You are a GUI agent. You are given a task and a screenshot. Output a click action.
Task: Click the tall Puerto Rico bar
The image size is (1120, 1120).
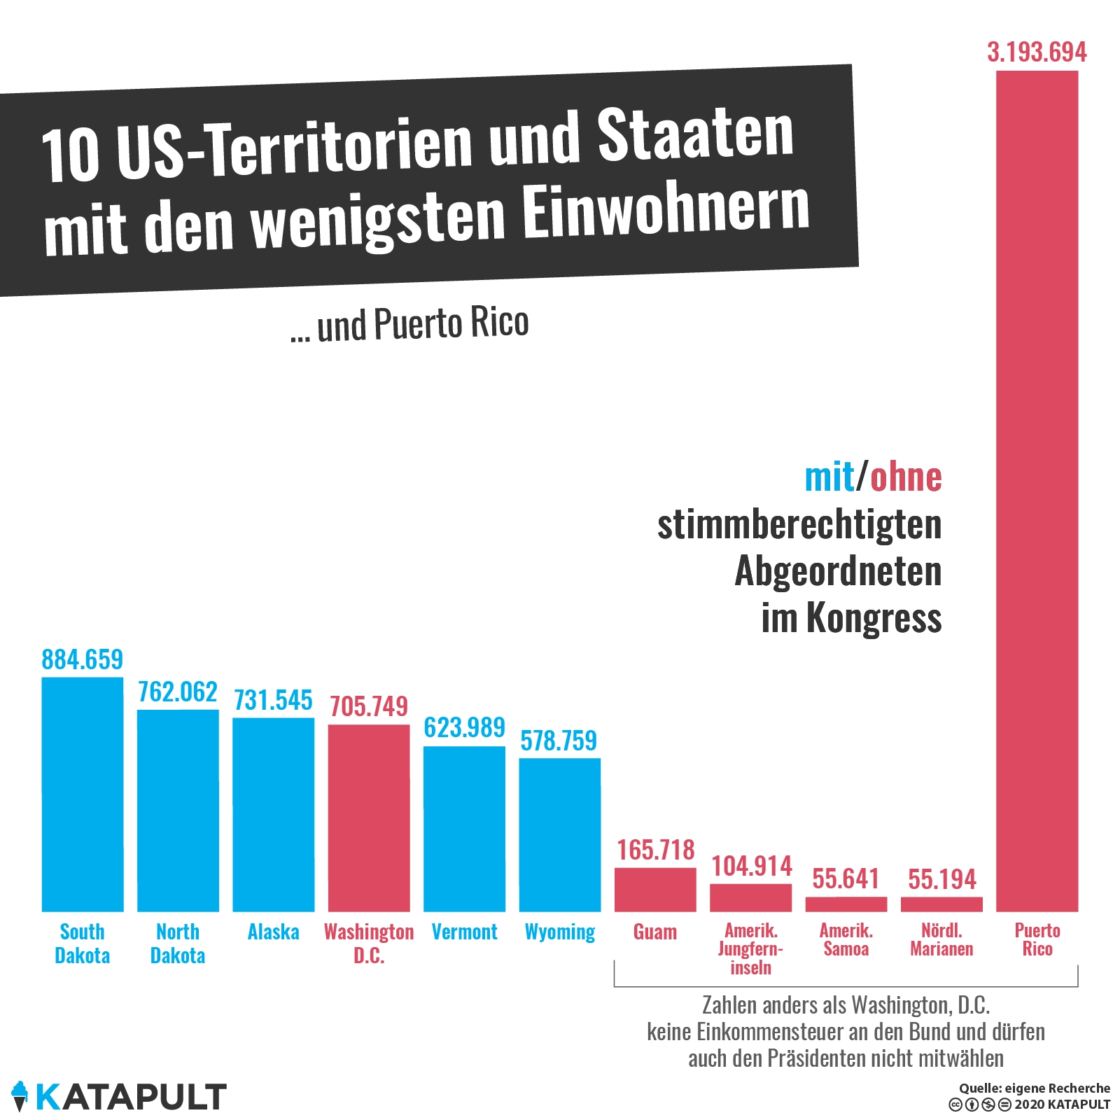(x=1037, y=490)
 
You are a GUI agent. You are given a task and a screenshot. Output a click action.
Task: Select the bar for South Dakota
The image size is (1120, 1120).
(x=83, y=794)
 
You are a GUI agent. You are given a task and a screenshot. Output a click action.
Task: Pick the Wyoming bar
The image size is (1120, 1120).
(x=560, y=834)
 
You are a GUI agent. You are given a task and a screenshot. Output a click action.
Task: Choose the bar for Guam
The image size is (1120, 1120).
(x=655, y=890)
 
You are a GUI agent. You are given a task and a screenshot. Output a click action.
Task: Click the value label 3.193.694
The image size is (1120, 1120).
(x=1037, y=52)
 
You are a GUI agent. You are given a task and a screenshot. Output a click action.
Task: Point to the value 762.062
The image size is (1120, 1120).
(x=178, y=692)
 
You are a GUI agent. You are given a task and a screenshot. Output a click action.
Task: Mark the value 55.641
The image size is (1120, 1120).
(x=846, y=878)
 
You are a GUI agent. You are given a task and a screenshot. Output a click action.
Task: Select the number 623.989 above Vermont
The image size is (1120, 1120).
(x=464, y=727)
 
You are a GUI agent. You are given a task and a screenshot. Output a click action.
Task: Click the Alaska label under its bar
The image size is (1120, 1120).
(x=273, y=932)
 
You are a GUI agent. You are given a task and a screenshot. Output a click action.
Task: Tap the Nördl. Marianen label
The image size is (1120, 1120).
(x=941, y=940)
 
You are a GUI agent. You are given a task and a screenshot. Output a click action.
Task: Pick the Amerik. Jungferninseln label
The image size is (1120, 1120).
(x=750, y=949)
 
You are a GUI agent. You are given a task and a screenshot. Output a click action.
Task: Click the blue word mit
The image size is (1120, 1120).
(x=829, y=477)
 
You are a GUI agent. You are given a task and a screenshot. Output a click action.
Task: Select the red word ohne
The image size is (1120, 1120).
(x=906, y=477)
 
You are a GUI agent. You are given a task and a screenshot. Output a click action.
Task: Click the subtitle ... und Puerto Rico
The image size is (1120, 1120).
(x=409, y=325)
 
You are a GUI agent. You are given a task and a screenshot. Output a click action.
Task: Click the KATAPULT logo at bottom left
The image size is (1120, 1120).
(x=119, y=1097)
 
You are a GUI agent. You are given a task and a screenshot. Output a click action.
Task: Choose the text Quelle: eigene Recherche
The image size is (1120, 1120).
(x=1034, y=1088)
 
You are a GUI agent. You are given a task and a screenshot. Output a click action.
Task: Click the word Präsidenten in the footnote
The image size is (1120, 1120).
(x=815, y=1058)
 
